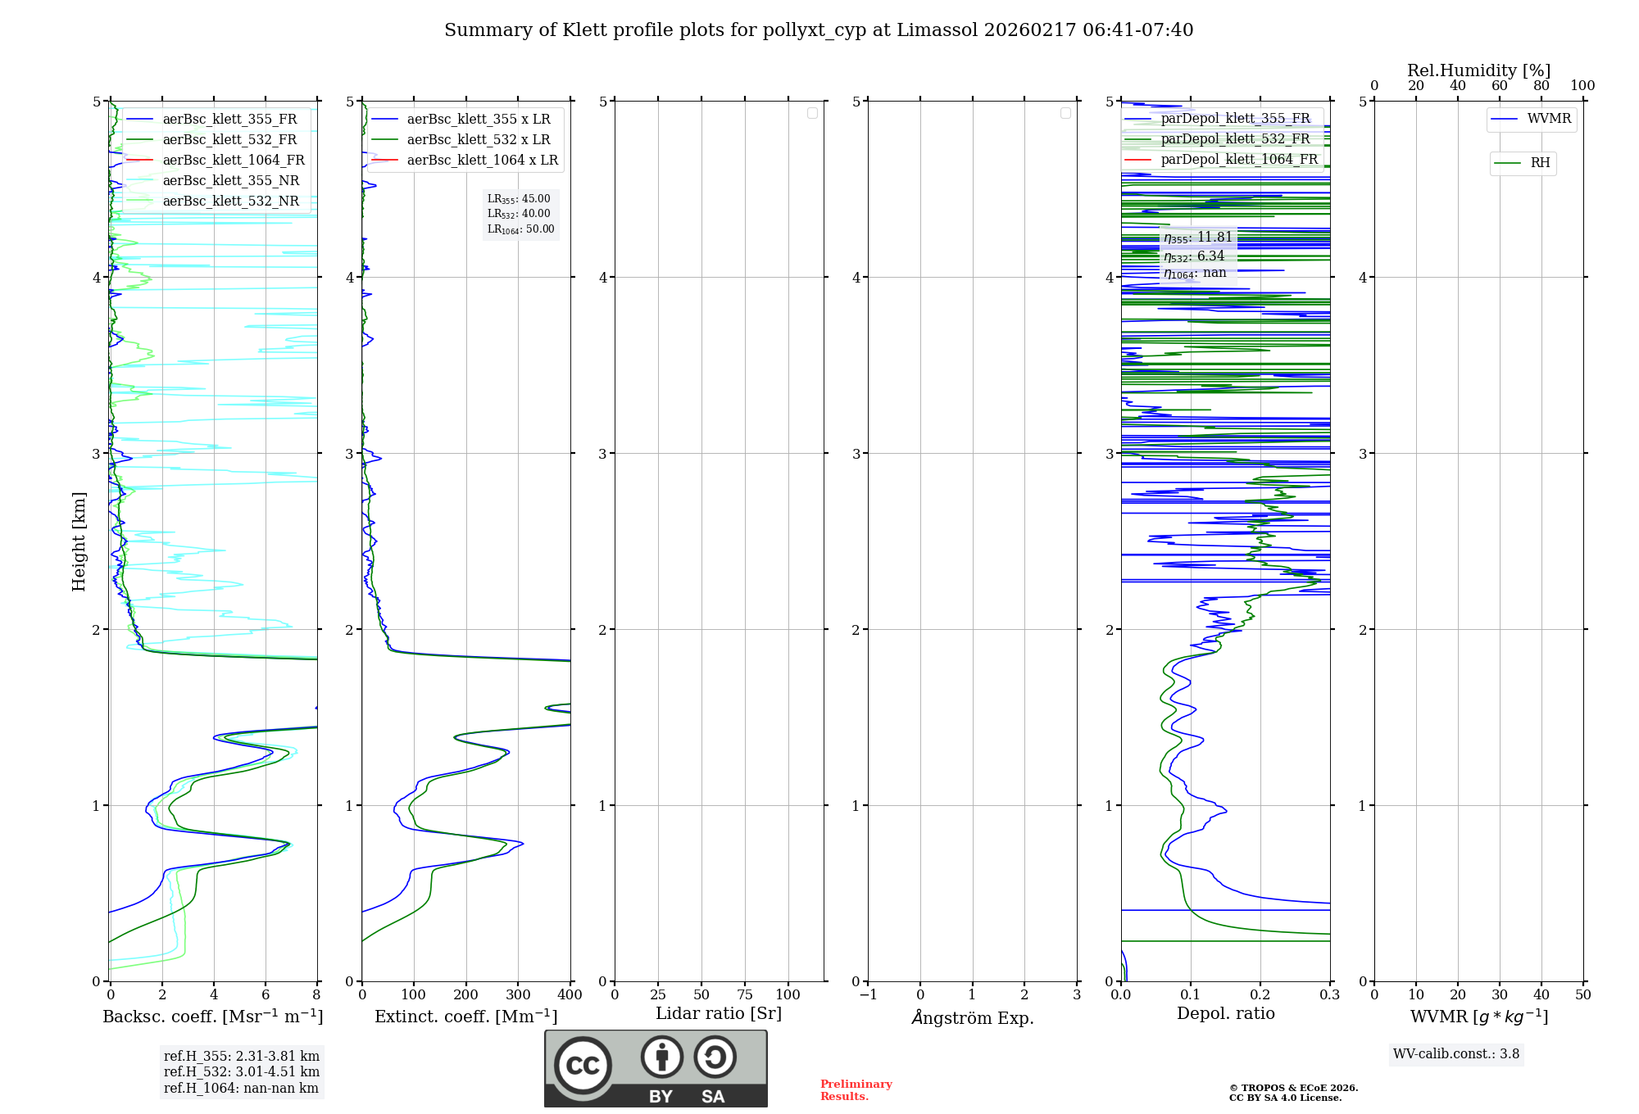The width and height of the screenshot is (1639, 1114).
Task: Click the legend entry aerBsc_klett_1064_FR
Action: (234, 160)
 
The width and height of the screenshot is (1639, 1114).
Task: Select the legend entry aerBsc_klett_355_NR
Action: (230, 180)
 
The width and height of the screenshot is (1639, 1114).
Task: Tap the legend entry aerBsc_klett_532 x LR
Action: (479, 139)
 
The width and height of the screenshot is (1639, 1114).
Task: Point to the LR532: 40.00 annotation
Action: (519, 214)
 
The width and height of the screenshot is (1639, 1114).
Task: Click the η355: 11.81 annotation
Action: (1197, 238)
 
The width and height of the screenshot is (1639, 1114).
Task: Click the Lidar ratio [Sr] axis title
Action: (719, 1013)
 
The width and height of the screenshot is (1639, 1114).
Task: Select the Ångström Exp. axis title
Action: (973, 1017)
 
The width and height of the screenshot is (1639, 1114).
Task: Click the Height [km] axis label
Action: (79, 541)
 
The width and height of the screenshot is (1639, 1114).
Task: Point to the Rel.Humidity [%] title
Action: (1478, 70)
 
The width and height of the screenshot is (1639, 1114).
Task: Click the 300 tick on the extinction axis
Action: (518, 994)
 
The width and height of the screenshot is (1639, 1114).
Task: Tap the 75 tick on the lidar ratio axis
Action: (744, 994)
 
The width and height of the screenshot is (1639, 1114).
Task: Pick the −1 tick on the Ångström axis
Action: (868, 994)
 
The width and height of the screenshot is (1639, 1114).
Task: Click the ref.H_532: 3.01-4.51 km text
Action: (241, 1071)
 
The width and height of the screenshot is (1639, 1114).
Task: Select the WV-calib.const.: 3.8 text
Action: (1456, 1053)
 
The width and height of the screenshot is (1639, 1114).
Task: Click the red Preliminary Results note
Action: (856, 1090)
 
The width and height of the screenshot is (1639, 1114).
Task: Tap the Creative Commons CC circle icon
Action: (583, 1065)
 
